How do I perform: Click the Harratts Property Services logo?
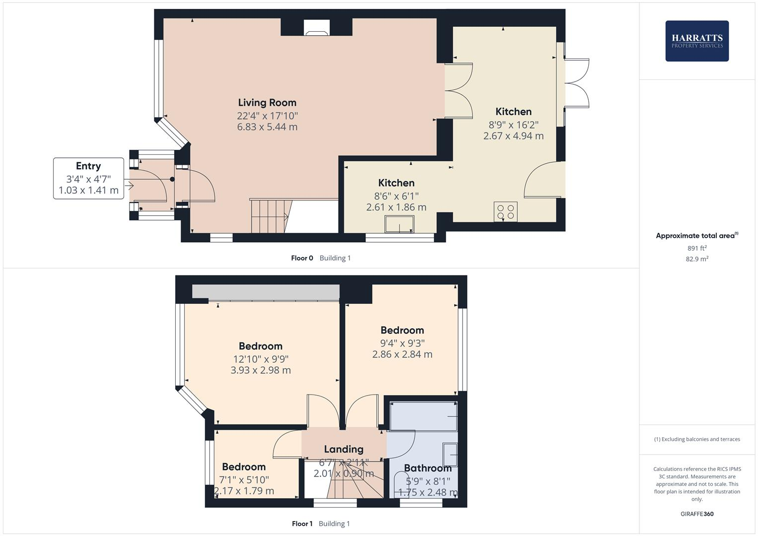click(697, 41)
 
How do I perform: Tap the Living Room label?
click(267, 103)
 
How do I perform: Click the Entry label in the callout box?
click(88, 166)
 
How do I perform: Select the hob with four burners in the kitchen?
click(505, 212)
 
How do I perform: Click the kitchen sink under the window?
click(399, 224)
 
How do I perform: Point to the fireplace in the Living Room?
click(316, 28)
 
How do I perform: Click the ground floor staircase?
click(270, 216)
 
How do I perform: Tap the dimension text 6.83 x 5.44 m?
click(267, 127)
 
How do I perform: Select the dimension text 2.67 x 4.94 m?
click(513, 136)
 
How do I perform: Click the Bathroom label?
click(427, 468)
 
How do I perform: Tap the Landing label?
click(344, 449)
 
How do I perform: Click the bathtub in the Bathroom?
click(423, 416)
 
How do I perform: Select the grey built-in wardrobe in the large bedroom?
click(266, 292)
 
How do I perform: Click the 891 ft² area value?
click(697, 248)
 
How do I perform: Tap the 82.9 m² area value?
click(697, 259)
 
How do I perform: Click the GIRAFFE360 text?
click(697, 514)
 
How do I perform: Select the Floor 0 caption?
click(302, 258)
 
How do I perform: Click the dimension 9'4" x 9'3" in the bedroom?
click(402, 343)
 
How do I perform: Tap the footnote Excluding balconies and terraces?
click(697, 439)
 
